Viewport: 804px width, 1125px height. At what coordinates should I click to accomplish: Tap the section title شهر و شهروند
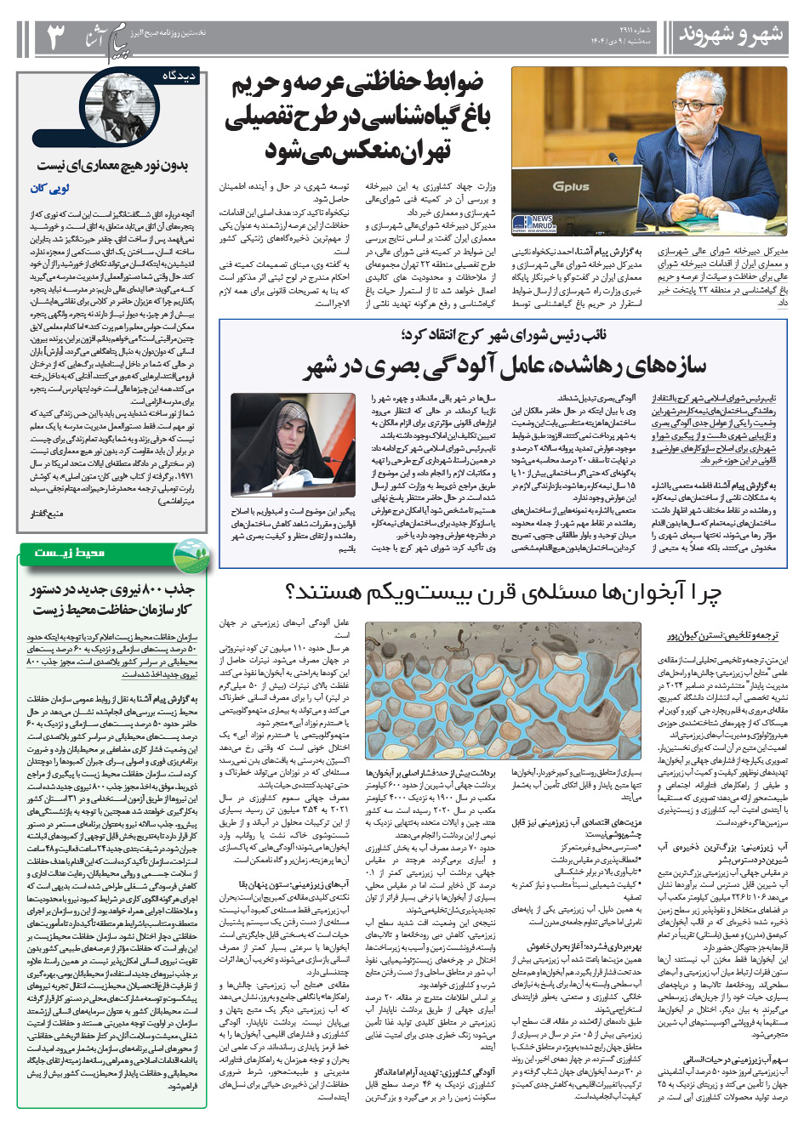(x=730, y=36)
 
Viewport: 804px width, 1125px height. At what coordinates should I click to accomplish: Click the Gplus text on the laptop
(x=571, y=185)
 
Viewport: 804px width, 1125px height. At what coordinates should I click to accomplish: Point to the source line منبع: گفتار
(x=46, y=514)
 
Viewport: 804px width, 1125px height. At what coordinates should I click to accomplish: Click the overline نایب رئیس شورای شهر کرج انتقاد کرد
(x=504, y=335)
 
